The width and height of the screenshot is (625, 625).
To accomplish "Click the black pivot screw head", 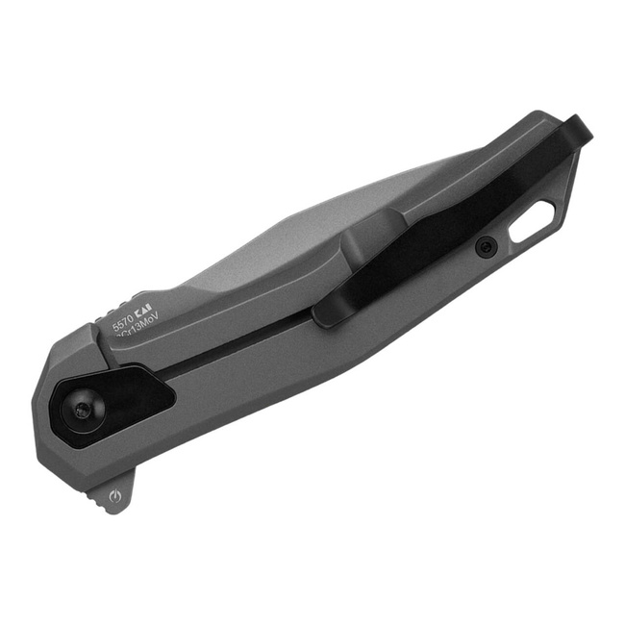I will [80, 410].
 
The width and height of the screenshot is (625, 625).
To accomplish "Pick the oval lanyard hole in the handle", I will [532, 222].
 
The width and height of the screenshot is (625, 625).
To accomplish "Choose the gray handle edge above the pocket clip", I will [452, 173].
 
